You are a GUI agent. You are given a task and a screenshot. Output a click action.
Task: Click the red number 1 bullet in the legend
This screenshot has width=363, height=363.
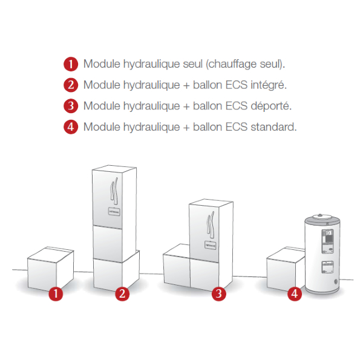[71, 64]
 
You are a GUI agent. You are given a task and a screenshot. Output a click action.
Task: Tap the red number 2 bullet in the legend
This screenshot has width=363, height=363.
[71, 85]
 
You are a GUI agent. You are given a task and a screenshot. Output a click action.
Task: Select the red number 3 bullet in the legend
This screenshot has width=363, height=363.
[71, 106]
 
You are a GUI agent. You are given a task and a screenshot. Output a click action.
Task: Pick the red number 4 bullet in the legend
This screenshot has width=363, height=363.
[71, 127]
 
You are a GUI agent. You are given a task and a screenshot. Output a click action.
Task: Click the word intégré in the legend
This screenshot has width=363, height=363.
[269, 85]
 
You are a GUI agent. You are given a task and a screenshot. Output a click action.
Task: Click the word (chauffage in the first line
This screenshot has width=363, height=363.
[231, 64]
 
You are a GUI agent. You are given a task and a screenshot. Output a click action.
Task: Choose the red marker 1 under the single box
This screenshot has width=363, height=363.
[56, 294]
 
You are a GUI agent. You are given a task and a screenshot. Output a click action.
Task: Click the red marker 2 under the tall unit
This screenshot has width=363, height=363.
[122, 294]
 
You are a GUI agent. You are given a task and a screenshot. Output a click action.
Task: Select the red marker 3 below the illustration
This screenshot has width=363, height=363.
[219, 294]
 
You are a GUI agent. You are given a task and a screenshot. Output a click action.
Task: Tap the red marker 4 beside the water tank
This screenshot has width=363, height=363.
[295, 294]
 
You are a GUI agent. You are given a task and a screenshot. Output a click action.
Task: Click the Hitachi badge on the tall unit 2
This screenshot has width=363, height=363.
[114, 212]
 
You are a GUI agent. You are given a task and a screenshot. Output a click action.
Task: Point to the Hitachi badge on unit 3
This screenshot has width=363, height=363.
[211, 245]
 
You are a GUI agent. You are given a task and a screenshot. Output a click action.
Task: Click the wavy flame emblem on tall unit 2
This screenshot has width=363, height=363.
[114, 191]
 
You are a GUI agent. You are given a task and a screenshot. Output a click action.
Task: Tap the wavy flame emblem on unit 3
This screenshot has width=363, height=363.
[211, 224]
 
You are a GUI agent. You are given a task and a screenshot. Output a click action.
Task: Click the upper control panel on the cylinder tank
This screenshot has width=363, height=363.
[327, 241]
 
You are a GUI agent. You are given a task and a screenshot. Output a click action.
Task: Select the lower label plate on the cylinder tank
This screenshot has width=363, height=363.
[327, 267]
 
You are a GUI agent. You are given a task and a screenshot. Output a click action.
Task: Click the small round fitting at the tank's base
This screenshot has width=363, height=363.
[336, 282]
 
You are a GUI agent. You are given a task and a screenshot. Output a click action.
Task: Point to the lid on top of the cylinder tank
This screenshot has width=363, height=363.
[322, 217]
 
